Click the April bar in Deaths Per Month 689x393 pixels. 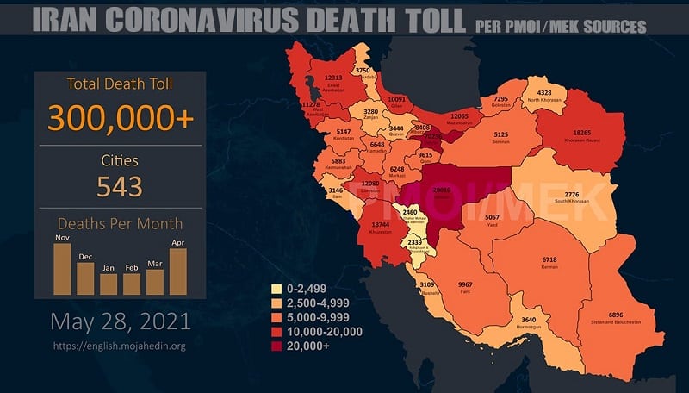[x=177, y=271]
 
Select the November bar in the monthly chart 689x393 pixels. [x=62, y=269]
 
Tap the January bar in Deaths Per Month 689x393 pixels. [x=109, y=284]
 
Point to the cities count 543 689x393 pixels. [x=120, y=185]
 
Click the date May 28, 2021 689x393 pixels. [x=120, y=322]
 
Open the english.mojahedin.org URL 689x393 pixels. [x=120, y=346]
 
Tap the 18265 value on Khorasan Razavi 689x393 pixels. [x=578, y=134]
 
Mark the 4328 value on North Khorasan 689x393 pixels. [x=544, y=93]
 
